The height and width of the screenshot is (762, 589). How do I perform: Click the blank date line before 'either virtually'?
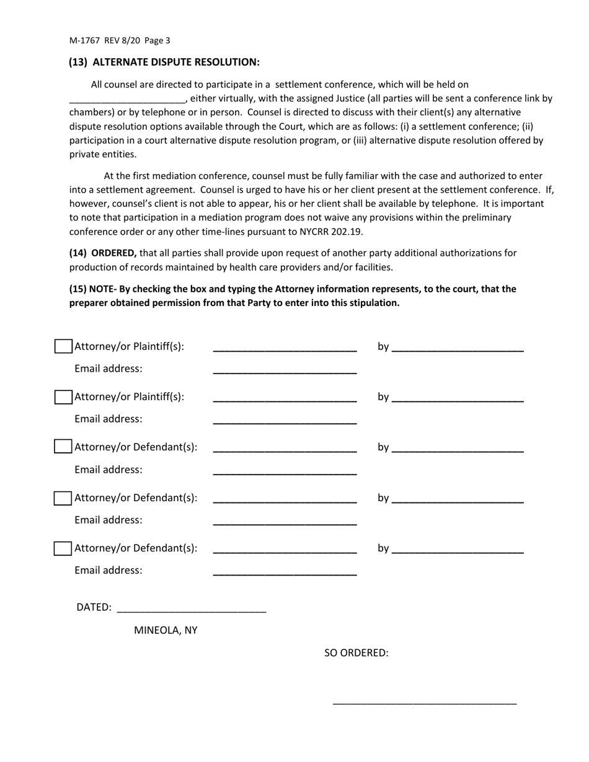[126, 99]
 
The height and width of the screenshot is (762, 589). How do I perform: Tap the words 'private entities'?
[103, 154]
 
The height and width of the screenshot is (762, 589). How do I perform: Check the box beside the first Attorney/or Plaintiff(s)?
[63, 346]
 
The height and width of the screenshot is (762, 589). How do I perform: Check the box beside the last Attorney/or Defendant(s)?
[63, 548]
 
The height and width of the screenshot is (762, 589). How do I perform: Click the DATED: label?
[94, 607]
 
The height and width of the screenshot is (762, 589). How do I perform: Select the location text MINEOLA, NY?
[166, 630]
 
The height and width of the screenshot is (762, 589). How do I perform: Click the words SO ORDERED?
[356, 653]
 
